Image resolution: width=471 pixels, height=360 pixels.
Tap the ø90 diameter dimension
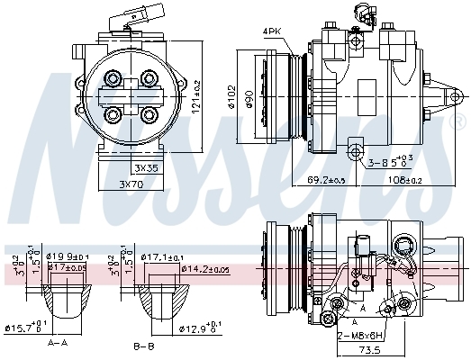click(x=258, y=97)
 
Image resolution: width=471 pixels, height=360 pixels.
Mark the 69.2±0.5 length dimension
click(x=327, y=181)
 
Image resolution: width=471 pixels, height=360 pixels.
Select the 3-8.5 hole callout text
click(x=390, y=163)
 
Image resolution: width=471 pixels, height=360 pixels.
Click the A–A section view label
click(x=59, y=343)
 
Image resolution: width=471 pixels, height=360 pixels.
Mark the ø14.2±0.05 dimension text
click(x=204, y=268)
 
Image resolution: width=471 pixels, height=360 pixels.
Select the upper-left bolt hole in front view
click(x=113, y=78)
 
